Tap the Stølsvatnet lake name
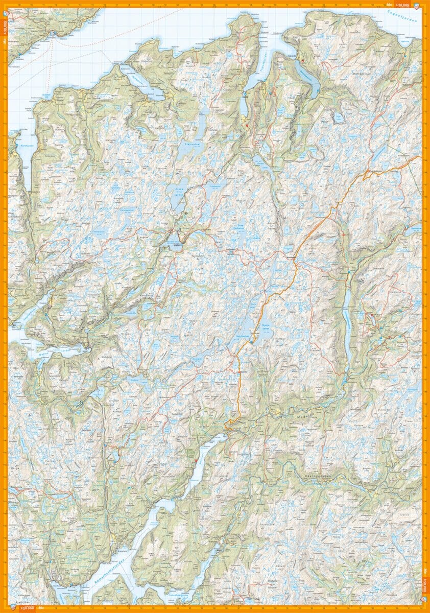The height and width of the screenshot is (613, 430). click(192, 145)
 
